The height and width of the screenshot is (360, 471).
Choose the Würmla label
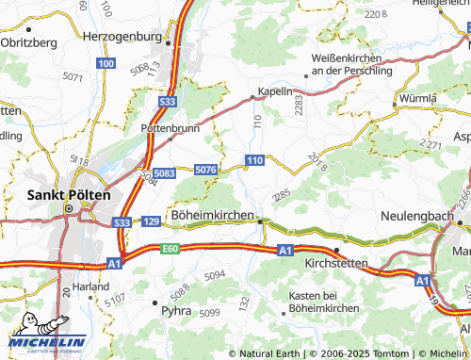click(x=418, y=98)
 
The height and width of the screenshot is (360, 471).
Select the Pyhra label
click(x=176, y=309)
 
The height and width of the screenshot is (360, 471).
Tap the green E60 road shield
click(x=170, y=248)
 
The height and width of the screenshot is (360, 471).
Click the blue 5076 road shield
click(x=206, y=169)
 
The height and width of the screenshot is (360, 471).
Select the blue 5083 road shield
click(x=164, y=173)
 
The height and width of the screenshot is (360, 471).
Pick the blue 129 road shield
click(x=151, y=221)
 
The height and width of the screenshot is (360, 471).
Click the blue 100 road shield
click(x=105, y=63)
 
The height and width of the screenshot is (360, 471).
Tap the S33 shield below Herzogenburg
click(x=168, y=101)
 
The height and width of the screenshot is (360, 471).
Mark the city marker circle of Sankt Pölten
click(x=68, y=208)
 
